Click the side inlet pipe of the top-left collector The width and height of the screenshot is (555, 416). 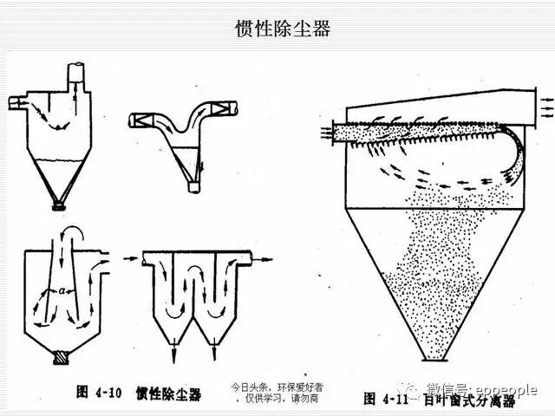(16, 104)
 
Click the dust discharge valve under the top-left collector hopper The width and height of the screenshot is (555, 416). (58, 205)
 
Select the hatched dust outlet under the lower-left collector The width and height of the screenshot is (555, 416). (61, 355)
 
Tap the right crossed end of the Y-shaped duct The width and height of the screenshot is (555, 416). (230, 109)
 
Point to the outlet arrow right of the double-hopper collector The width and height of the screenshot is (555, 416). (266, 257)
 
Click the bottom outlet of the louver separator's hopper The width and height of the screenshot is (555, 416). (434, 358)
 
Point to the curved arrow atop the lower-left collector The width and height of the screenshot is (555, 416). (73, 232)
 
